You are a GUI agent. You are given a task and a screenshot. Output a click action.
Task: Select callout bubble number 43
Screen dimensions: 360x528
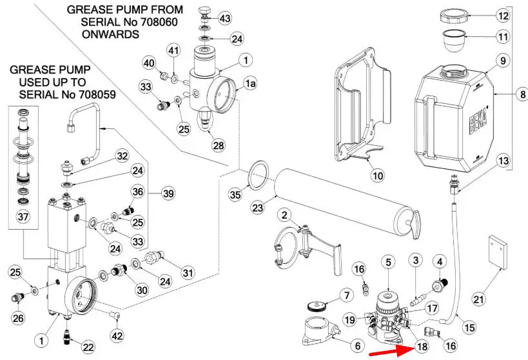[x=225, y=17]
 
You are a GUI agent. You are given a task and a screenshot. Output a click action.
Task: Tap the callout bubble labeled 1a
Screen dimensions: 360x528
[x=249, y=83]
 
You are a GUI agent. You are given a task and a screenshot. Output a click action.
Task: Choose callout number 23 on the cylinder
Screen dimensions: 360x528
[x=259, y=208]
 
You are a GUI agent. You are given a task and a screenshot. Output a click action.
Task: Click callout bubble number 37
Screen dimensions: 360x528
[x=23, y=217]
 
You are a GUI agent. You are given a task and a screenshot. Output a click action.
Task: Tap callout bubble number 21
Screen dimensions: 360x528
[x=478, y=299]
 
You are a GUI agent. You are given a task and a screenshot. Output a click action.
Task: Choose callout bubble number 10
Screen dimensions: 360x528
[x=377, y=173]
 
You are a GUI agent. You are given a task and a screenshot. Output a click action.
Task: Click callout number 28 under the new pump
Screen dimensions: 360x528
[x=219, y=145]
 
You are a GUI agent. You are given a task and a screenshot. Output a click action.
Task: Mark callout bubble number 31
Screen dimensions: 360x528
[x=187, y=273]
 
